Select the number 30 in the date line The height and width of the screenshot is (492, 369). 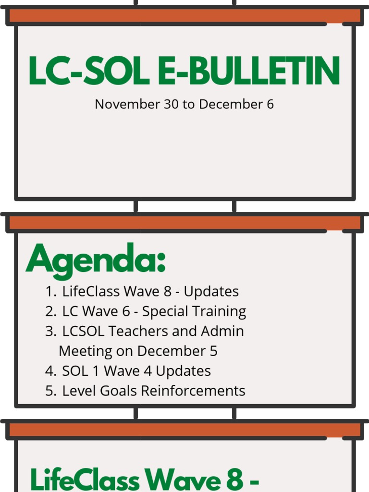tap(171, 104)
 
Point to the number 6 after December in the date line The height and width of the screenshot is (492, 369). tap(270, 104)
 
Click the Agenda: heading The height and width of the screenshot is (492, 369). tap(96, 259)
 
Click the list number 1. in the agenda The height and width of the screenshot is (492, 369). tap(51, 292)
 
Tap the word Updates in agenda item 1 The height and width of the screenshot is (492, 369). tap(211, 292)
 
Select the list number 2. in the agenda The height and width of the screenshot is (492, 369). tap(51, 311)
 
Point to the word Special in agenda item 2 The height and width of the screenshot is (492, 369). tap(167, 312)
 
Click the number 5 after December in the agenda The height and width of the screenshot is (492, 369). tap(214, 351)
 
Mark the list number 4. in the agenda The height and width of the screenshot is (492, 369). tap(51, 371)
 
